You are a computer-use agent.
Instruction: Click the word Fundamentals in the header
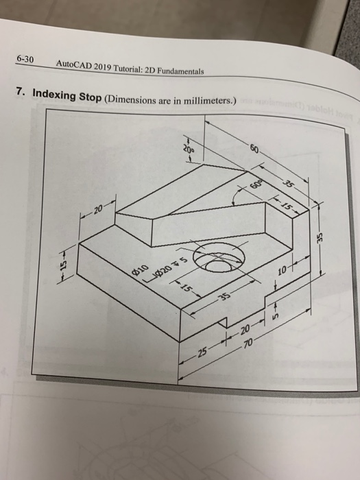[179, 71]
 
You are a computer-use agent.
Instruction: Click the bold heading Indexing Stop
[66, 95]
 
